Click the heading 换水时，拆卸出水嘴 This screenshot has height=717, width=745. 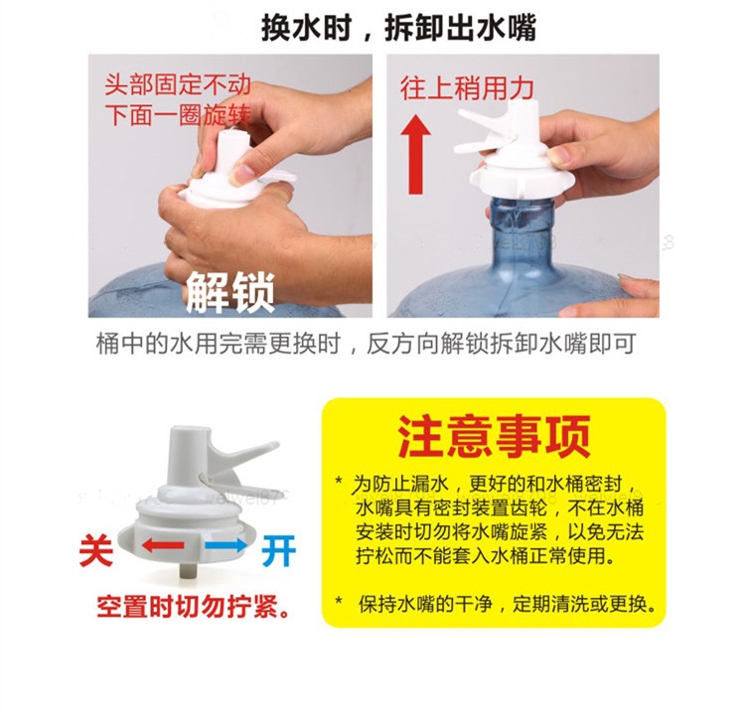[x=398, y=28]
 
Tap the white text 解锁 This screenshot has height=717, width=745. [x=230, y=292]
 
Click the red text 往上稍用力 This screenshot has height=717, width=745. [x=467, y=88]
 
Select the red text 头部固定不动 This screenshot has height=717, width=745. [x=178, y=84]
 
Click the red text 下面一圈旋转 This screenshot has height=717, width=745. [x=178, y=115]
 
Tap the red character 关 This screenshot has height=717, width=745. [x=96, y=550]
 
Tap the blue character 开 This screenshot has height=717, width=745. [x=279, y=550]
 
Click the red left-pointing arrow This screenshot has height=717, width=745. [x=163, y=545]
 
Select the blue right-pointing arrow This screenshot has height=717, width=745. [x=226, y=545]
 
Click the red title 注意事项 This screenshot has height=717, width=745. [x=494, y=436]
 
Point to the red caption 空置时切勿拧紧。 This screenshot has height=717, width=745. [x=193, y=607]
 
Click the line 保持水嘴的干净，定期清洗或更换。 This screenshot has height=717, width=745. [x=508, y=604]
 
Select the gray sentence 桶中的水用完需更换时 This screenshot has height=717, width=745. [x=219, y=343]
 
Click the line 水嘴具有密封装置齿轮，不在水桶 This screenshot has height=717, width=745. [x=500, y=507]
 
